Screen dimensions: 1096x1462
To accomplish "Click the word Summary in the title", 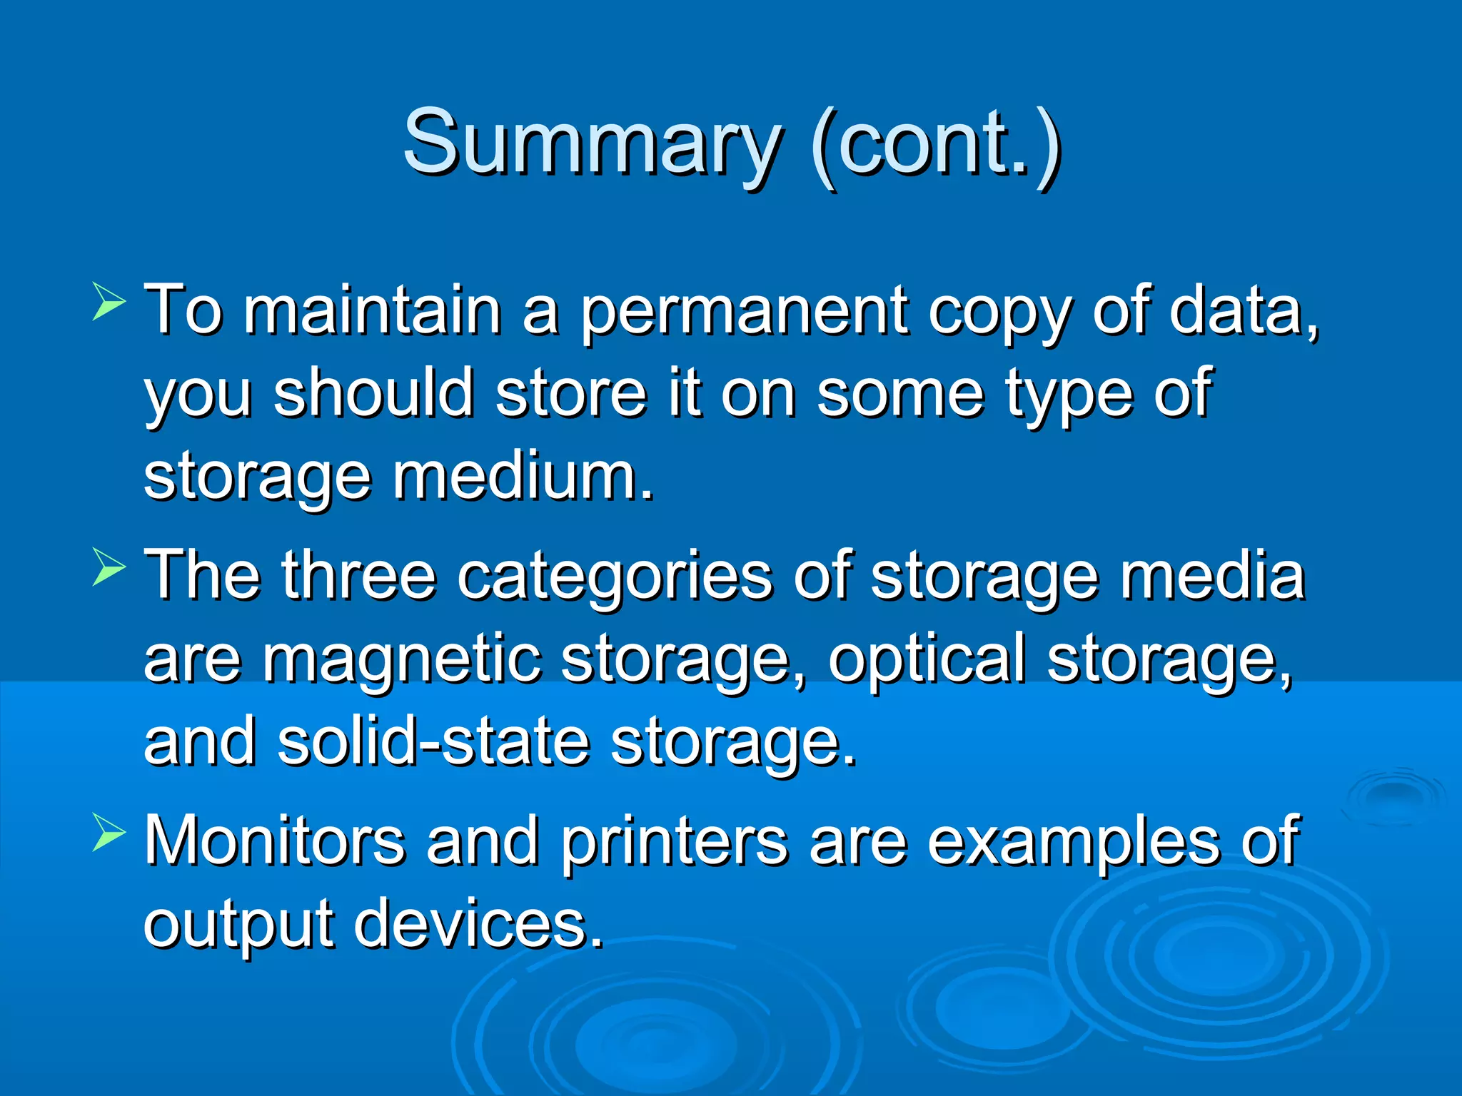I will coord(593,143).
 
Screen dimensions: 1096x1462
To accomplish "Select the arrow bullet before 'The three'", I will coord(109,567).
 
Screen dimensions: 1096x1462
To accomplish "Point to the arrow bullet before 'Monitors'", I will coord(109,833).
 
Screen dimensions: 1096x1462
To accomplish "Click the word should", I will coord(374,394).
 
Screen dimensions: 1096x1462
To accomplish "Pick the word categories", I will coord(615,578).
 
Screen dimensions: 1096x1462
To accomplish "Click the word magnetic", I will coord(401,660).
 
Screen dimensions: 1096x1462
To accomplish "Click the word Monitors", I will coord(275,842).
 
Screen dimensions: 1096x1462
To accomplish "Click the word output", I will coord(238,925).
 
